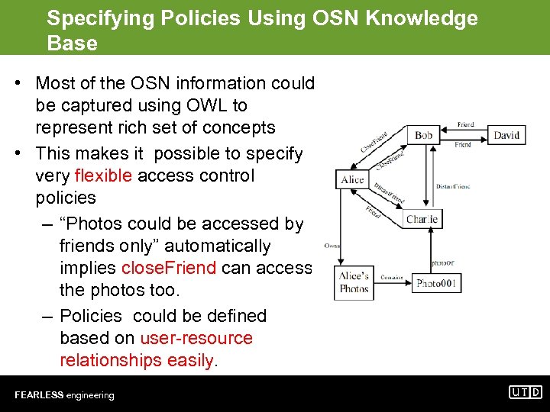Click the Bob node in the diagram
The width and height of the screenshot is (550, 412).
pos(423,136)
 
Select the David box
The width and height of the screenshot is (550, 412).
pos(506,136)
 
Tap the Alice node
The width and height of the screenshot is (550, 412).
pos(352,180)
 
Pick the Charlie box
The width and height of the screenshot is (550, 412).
pos(422,220)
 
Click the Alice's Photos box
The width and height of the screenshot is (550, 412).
pos(354,282)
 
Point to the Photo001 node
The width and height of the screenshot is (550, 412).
pos(436,283)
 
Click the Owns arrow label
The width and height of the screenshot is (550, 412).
pos(332,246)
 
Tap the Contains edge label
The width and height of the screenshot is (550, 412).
pos(392,278)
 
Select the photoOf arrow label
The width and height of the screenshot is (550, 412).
pos(442,262)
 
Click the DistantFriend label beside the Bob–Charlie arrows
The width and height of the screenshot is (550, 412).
pos(453,186)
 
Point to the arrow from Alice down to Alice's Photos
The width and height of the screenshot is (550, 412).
pos(339,229)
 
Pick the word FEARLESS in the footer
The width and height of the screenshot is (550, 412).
pos(39,395)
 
